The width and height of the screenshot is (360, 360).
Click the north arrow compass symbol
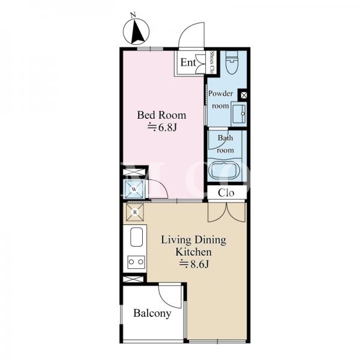(x=136, y=32)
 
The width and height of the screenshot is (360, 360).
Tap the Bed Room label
(x=161, y=115)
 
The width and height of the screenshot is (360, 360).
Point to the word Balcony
(x=152, y=313)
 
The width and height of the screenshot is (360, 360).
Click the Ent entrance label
(x=188, y=62)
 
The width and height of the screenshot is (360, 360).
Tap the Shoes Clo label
(x=212, y=62)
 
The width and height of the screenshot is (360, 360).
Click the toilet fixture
(x=232, y=62)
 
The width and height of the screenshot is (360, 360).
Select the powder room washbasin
(x=239, y=113)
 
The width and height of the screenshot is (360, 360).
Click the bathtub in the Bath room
(x=224, y=171)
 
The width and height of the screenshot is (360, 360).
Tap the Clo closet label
(x=226, y=193)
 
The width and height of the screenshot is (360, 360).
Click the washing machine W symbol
(x=134, y=190)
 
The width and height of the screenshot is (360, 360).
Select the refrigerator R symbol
(x=135, y=212)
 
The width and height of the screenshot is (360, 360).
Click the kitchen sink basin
(x=136, y=237)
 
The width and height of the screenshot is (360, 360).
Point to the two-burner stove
(x=136, y=262)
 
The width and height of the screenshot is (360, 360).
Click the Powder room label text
(x=220, y=100)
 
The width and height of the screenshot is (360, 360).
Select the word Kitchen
(x=194, y=252)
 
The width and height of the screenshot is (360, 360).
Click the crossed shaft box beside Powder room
(x=244, y=95)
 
